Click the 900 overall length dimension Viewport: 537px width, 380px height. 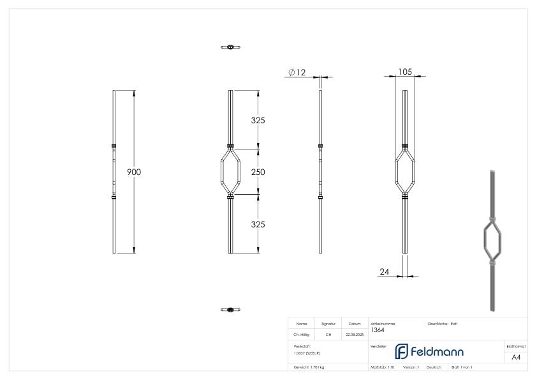pos(134,172)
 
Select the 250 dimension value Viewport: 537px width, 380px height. pos(257,172)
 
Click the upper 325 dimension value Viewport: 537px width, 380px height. pos(257,120)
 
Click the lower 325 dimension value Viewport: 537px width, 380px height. pos(257,225)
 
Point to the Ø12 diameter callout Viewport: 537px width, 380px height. pos(297,73)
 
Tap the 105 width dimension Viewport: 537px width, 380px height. pos(404,72)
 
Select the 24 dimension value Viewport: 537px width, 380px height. pos(385,271)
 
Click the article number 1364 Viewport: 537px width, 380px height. pos(377,330)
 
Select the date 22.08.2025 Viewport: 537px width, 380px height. pos(355,334)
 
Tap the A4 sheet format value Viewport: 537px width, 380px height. pos(516,357)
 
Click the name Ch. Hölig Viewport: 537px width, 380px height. pos(302,334)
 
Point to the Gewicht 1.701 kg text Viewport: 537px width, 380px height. pos(309,368)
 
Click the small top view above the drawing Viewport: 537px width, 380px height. pos(230,47)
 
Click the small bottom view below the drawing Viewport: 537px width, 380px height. pos(230,310)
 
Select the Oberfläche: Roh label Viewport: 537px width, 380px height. pos(443,324)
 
